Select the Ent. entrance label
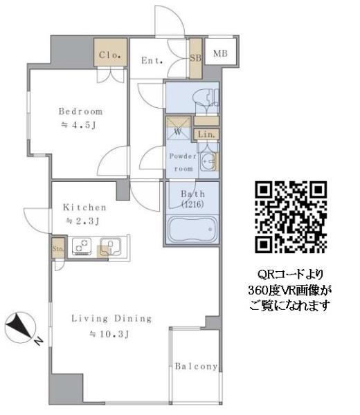[152, 60]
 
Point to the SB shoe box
[195, 57]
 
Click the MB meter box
[219, 53]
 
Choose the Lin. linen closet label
[207, 134]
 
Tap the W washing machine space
[177, 129]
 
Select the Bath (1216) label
[192, 199]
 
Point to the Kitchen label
[84, 207]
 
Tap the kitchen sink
[111, 247]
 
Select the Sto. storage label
[57, 248]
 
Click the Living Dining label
[111, 319]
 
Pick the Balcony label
[196, 367]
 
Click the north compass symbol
[21, 326]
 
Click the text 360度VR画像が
[290, 290]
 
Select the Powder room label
[183, 162]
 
